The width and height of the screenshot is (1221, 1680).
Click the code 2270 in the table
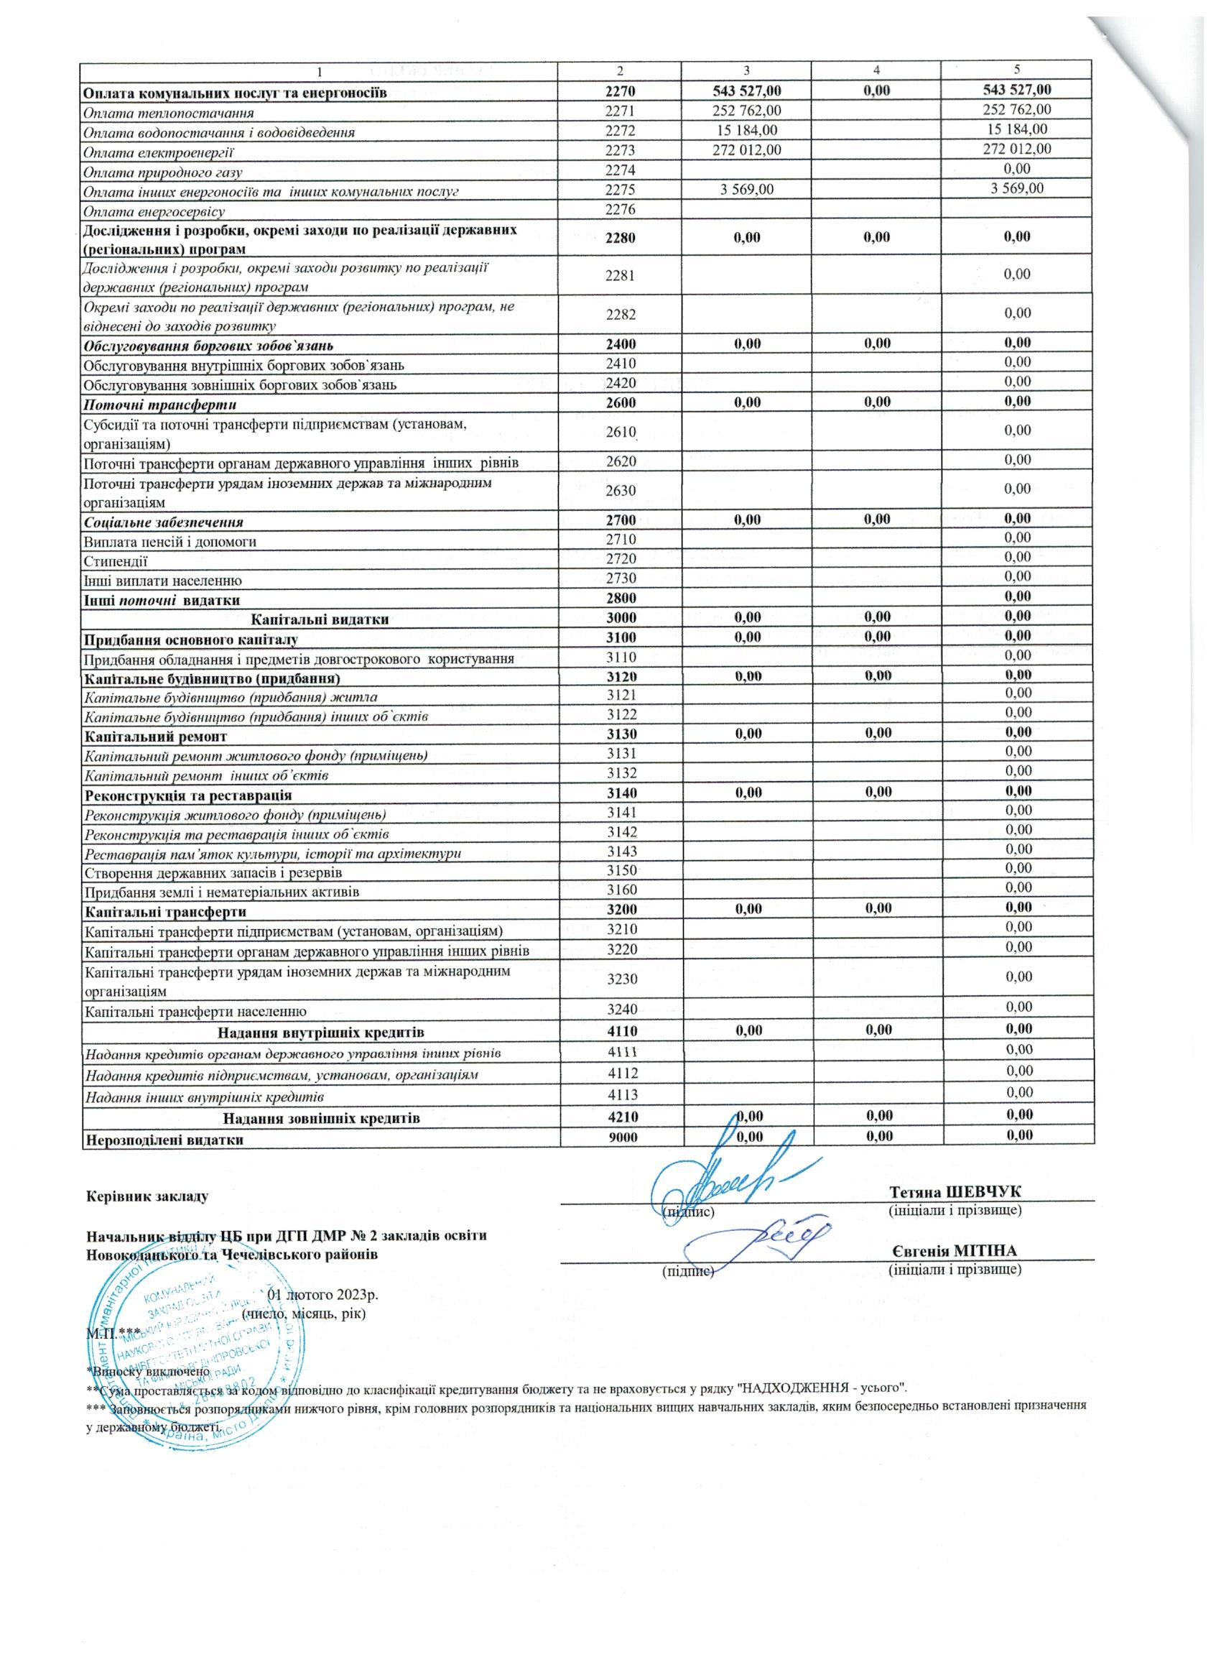click(620, 92)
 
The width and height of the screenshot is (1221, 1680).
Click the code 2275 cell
click(620, 190)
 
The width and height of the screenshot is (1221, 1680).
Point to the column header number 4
click(876, 70)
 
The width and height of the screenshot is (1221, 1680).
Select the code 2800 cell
click(620, 599)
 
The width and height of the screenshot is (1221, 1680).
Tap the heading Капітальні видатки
click(320, 618)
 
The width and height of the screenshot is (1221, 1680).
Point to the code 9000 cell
click(620, 1137)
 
